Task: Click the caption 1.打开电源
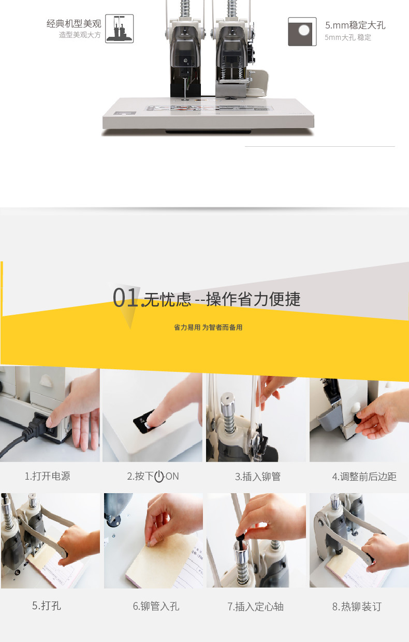pyautogui.click(x=48, y=476)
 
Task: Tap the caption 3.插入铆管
pyautogui.click(x=258, y=477)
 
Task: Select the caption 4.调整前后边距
pyautogui.click(x=364, y=477)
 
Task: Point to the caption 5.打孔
pyautogui.click(x=47, y=606)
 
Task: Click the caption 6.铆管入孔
pyautogui.click(x=156, y=606)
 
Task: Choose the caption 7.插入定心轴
pyautogui.click(x=255, y=606)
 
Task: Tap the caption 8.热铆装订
pyautogui.click(x=357, y=606)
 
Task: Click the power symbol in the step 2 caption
pyautogui.click(x=159, y=477)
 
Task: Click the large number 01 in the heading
pyautogui.click(x=125, y=298)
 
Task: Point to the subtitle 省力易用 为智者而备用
pyautogui.click(x=208, y=327)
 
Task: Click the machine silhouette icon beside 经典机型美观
pyautogui.click(x=120, y=29)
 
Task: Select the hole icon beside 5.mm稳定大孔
pyautogui.click(x=302, y=32)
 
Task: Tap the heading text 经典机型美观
pyautogui.click(x=74, y=23)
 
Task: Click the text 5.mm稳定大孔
pyautogui.click(x=355, y=25)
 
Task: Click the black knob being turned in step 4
pyautogui.click(x=358, y=418)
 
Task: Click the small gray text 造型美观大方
pyautogui.click(x=80, y=35)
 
